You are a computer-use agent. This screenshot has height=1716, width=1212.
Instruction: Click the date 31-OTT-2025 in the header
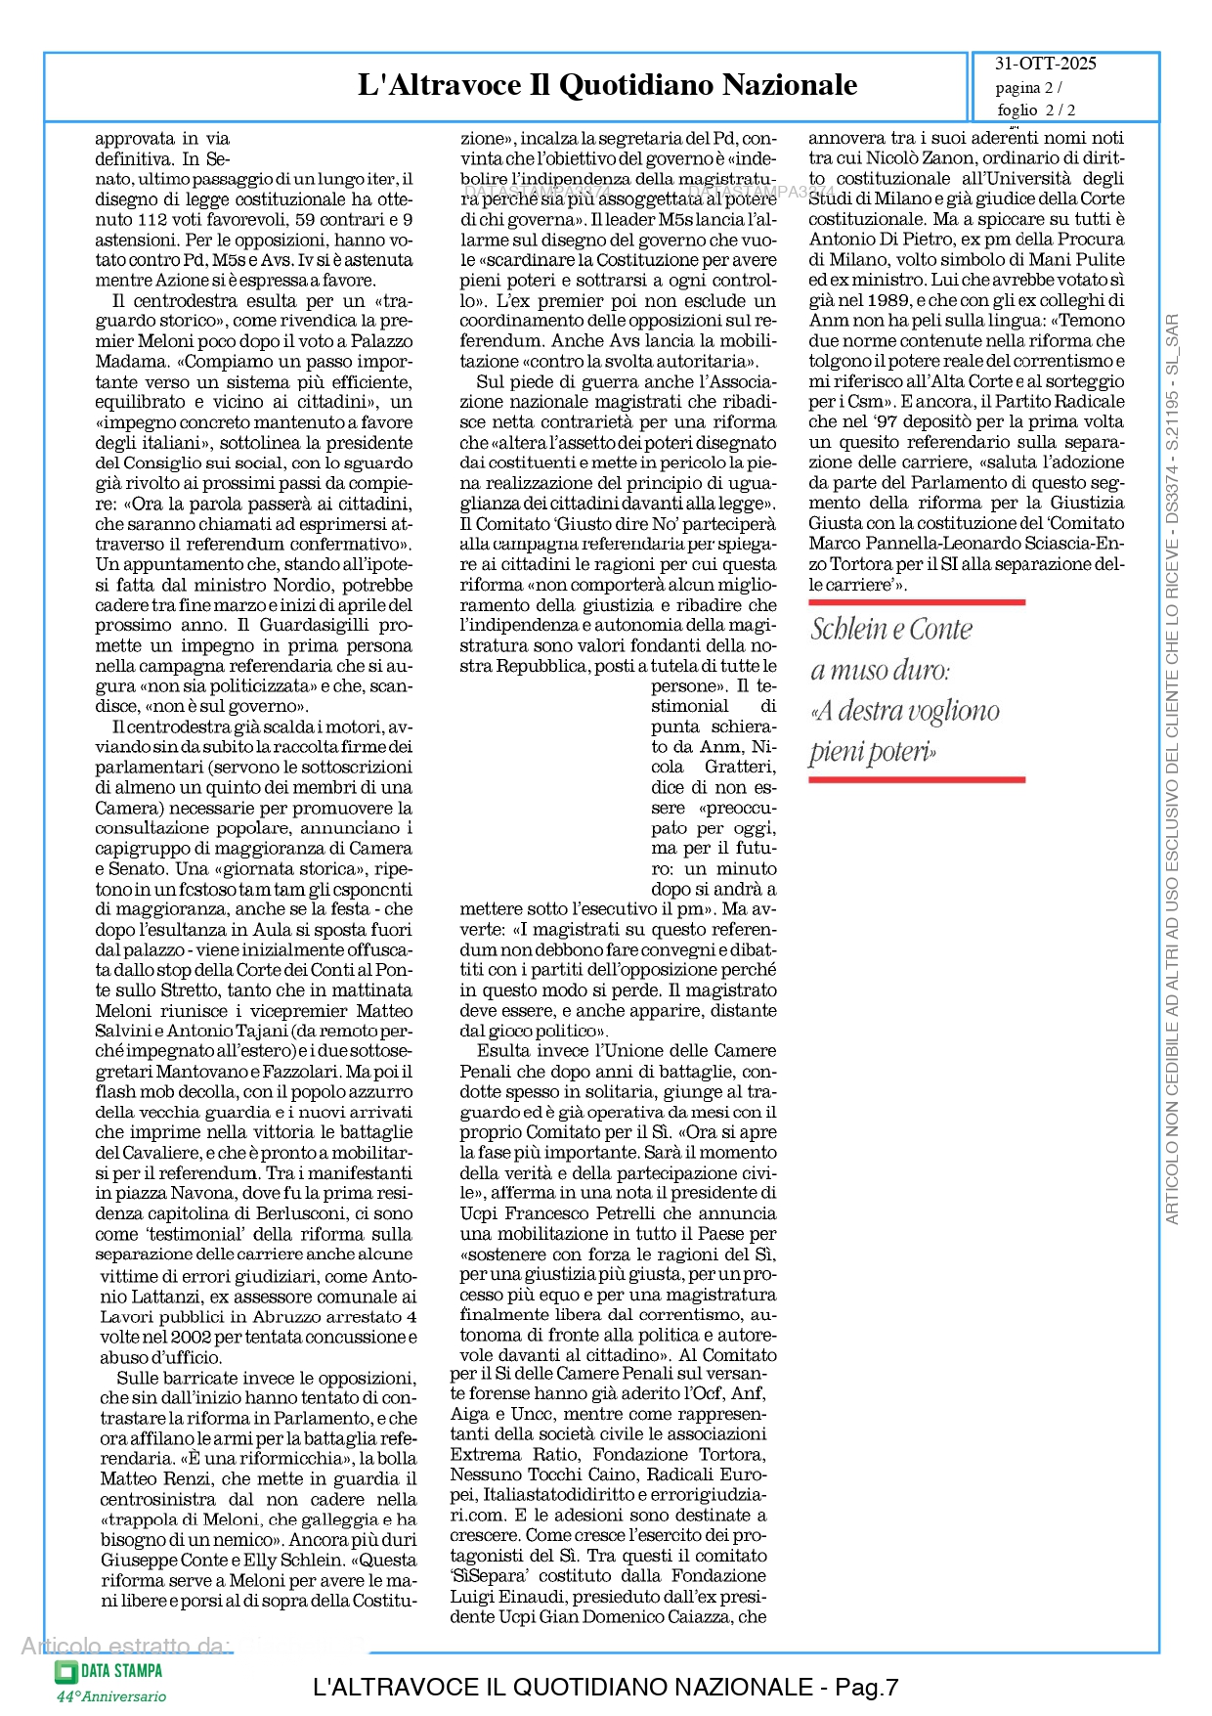1045,64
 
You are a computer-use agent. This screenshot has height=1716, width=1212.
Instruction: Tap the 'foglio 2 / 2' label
1036,110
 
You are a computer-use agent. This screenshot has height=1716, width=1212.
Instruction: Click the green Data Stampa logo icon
65,1671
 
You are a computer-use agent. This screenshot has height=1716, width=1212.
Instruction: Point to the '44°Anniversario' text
111,1696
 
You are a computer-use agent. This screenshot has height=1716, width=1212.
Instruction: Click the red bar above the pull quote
916,602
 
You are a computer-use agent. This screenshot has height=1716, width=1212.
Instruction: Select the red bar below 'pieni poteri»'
916,779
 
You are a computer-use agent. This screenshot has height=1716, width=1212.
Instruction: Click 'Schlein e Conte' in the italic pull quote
891,629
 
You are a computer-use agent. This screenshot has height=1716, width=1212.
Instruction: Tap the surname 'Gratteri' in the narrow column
740,767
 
